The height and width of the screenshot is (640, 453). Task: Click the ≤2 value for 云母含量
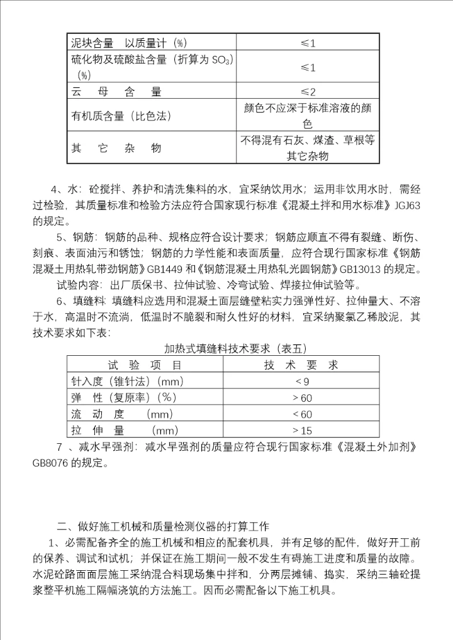(307, 91)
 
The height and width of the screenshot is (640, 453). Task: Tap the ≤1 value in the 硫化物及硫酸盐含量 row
(307, 67)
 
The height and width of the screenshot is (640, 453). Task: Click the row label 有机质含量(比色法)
(121, 116)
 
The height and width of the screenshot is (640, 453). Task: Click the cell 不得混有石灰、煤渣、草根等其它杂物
(307, 148)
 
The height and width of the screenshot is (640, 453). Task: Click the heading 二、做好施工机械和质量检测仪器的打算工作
(163, 526)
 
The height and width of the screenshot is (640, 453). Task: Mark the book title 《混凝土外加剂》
(378, 448)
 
